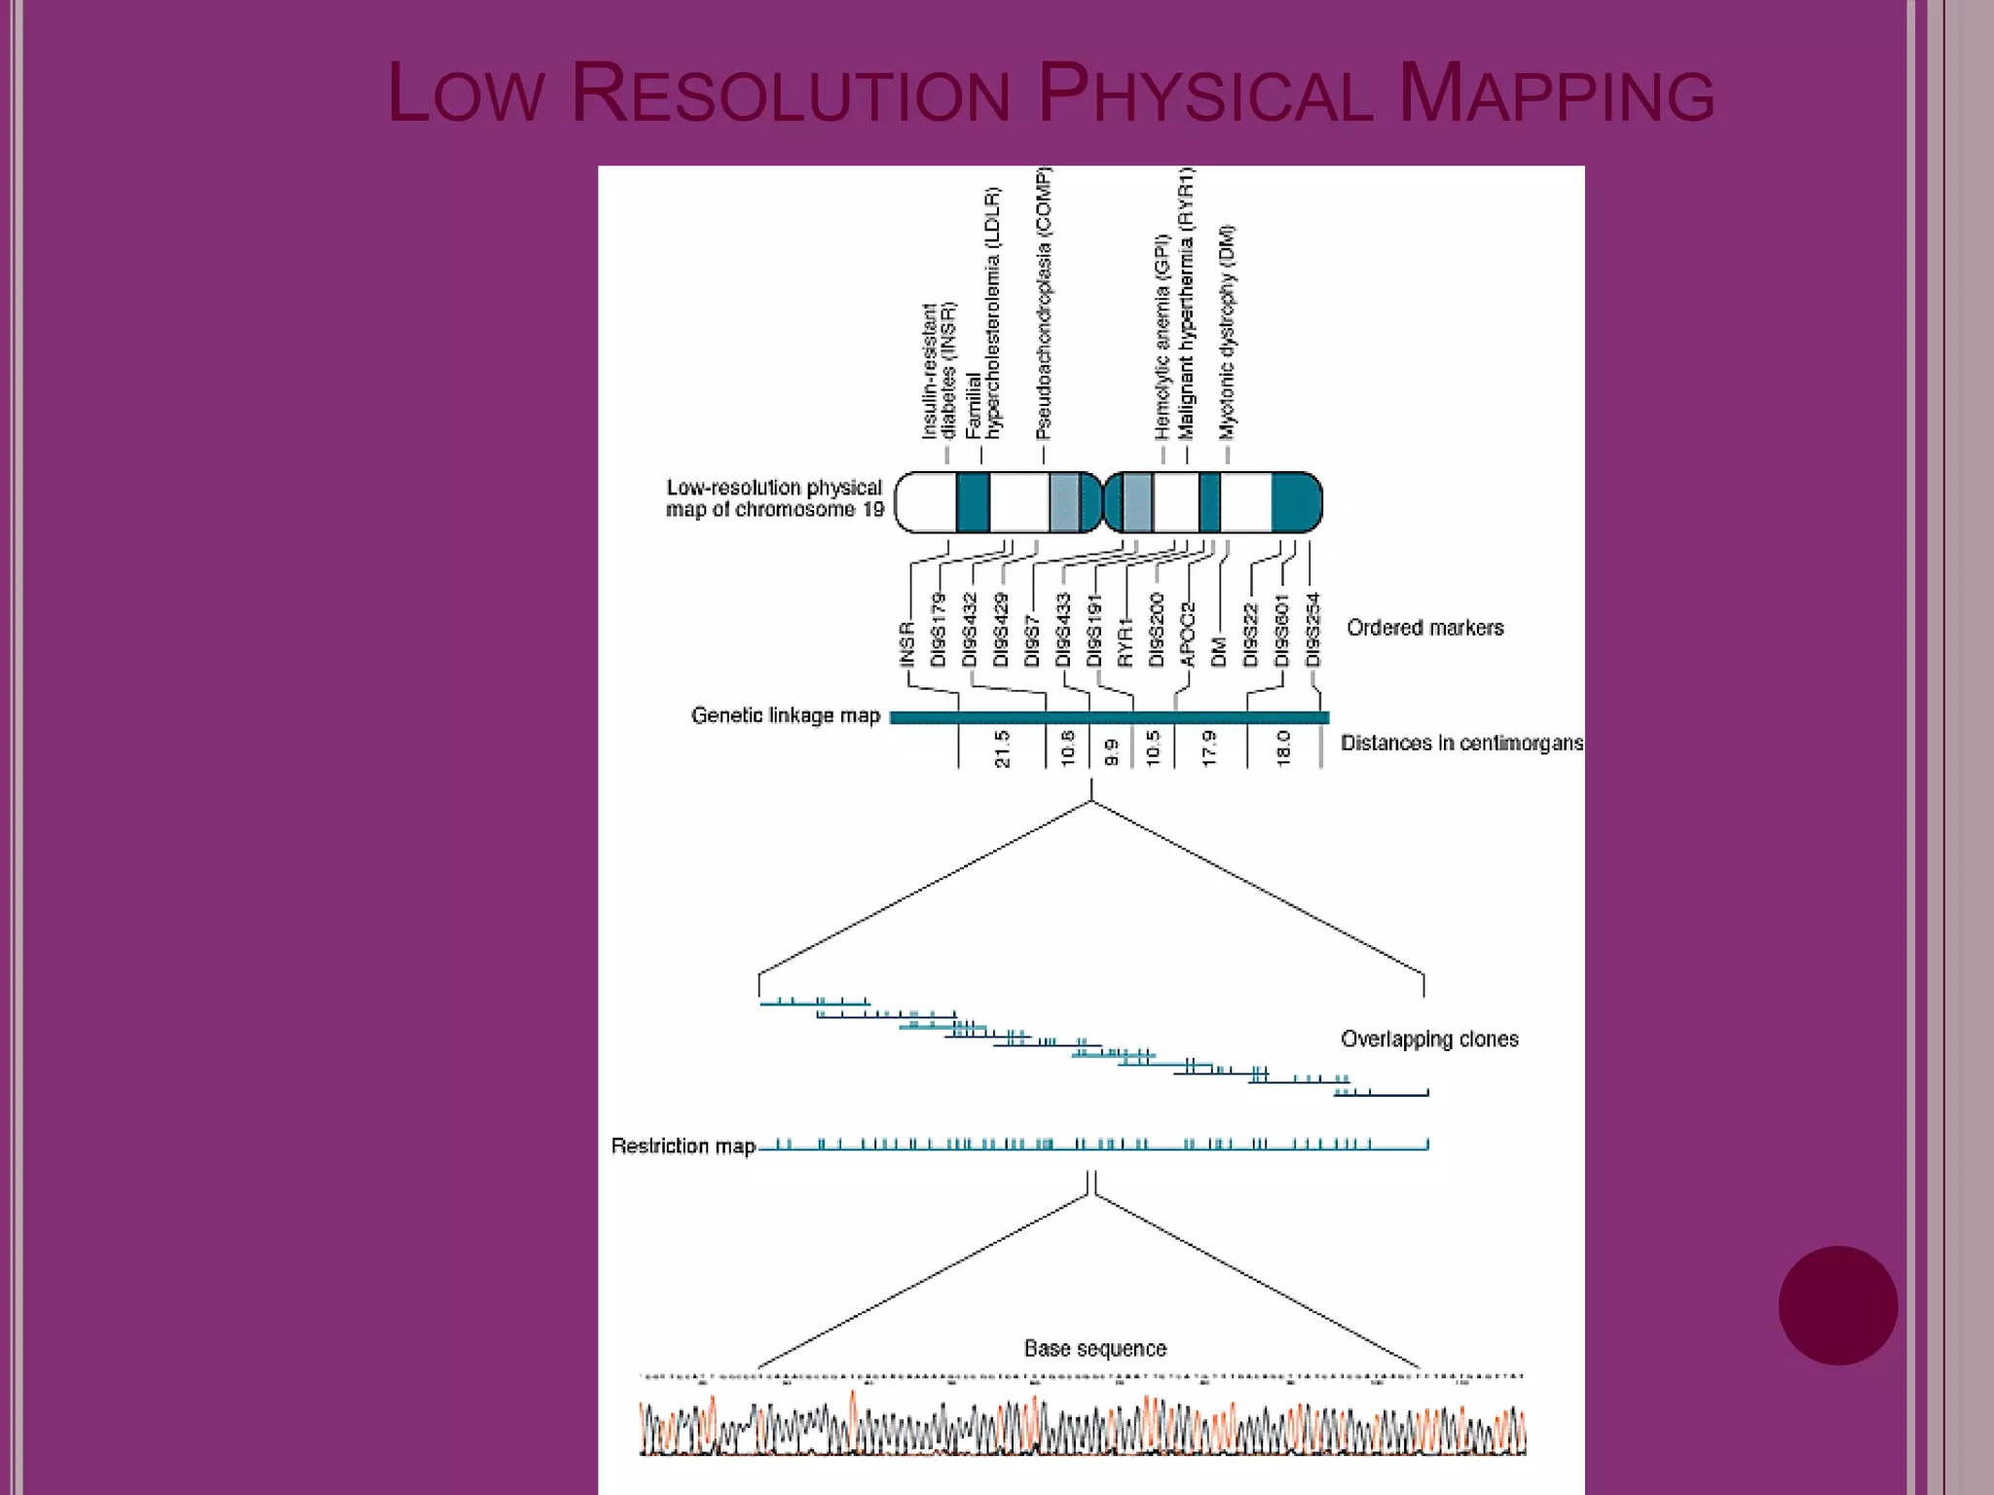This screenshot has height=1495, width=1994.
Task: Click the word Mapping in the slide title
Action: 1555,94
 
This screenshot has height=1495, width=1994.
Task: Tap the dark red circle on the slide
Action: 1837,1305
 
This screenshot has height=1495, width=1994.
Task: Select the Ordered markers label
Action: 1424,628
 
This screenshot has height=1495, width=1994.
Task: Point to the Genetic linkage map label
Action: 785,716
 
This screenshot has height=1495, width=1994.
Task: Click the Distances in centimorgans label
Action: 1460,744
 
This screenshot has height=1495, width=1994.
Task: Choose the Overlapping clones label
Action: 1429,1039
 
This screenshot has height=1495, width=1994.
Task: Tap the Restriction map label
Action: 683,1147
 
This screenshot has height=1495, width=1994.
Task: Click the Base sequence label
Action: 1094,1349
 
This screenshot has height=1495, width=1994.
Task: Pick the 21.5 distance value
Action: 1002,748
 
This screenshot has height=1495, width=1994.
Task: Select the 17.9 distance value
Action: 1209,748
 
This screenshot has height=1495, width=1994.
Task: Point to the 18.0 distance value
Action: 1282,748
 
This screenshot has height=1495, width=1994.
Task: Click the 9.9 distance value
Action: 1111,752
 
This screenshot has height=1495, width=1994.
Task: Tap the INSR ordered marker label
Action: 907,644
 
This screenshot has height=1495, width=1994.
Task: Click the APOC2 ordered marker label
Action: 1187,635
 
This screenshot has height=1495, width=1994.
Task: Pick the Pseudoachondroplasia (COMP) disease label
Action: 1044,304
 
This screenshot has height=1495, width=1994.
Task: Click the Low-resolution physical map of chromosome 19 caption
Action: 774,498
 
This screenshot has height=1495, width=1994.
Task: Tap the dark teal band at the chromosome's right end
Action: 1296,502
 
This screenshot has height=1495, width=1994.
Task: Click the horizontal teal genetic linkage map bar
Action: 1109,718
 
